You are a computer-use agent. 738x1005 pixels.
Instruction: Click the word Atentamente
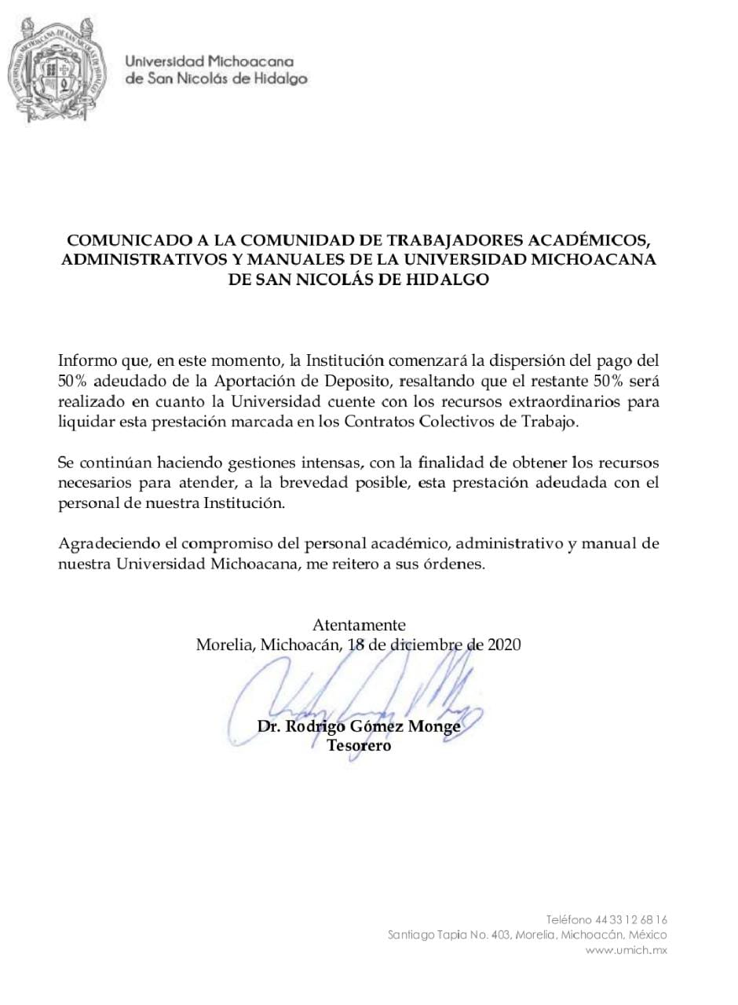pyautogui.click(x=359, y=625)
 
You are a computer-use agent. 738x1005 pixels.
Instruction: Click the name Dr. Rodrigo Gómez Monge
pyautogui.click(x=359, y=726)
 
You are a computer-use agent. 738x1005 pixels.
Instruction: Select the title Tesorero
pyautogui.click(x=359, y=746)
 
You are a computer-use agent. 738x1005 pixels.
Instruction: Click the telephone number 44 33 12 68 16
pyautogui.click(x=631, y=919)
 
